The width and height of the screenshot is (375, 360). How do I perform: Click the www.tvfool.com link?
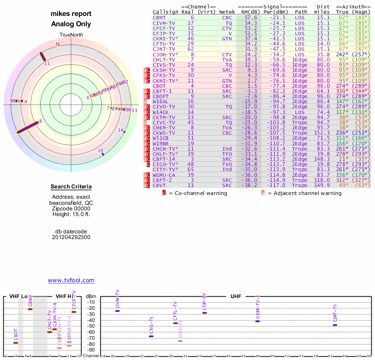[71, 280]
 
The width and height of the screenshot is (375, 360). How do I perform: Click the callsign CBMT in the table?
[159, 17]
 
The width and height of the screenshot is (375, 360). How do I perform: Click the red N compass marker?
[58, 45]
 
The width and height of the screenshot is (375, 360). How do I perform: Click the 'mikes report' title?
[71, 14]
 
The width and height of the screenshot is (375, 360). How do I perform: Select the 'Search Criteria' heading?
[71, 187]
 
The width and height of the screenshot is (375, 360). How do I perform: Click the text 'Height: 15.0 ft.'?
[71, 214]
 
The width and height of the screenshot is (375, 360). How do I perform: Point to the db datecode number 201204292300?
[71, 237]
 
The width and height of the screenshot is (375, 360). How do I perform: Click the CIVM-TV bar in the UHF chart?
[117, 311]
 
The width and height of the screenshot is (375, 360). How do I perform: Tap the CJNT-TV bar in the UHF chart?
[335, 325]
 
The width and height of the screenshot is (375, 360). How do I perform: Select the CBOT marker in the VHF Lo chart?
[15, 343]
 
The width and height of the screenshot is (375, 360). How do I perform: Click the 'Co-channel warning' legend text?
[198, 193]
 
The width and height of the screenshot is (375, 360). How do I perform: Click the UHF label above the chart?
[235, 296]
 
